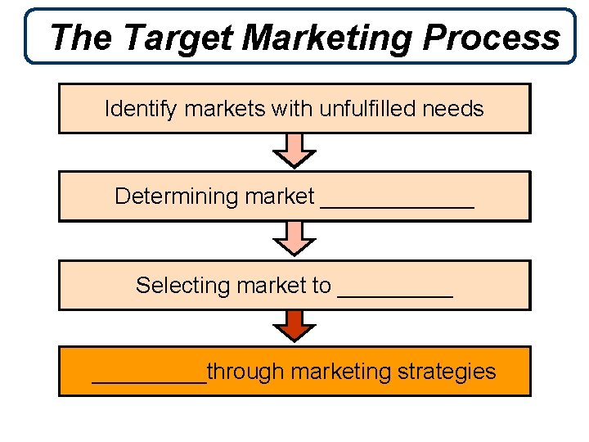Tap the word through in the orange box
coord(245,372)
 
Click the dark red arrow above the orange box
coord(294,327)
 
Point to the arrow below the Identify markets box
coord(294,151)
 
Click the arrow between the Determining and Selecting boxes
coord(294,240)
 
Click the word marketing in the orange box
coord(341,372)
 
